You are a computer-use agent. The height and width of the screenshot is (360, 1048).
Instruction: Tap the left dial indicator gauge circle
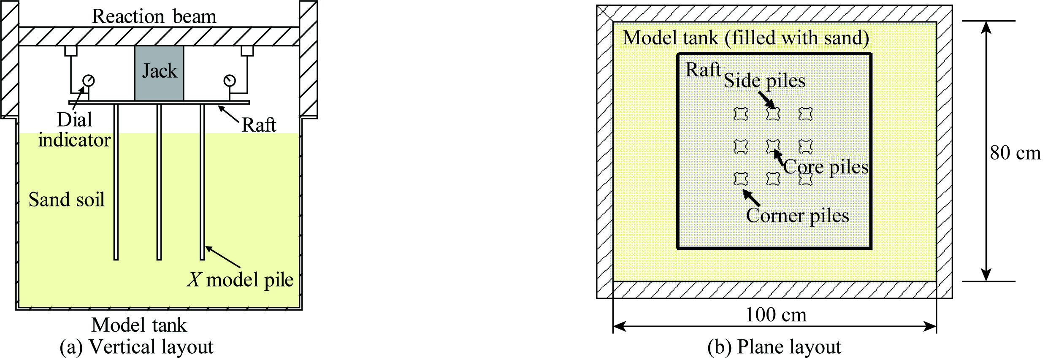pyautogui.click(x=89, y=80)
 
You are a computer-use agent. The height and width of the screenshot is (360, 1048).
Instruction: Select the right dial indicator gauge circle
pyautogui.click(x=230, y=80)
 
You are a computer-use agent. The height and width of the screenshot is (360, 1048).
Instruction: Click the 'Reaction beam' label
pyautogui.click(x=154, y=16)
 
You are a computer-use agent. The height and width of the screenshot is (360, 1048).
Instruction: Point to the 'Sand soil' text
pyautogui.click(x=66, y=199)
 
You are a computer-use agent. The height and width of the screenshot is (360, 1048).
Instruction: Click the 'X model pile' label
pyautogui.click(x=240, y=280)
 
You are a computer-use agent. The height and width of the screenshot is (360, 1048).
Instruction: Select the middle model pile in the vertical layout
pyautogui.click(x=159, y=181)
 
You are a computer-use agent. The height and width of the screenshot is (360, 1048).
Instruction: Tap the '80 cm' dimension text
pyautogui.click(x=1015, y=153)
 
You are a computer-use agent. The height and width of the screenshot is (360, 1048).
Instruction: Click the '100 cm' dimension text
pyautogui.click(x=776, y=315)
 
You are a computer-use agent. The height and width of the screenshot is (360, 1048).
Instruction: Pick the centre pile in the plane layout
pyautogui.click(x=773, y=146)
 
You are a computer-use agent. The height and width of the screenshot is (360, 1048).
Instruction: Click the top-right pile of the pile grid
pyautogui.click(x=805, y=114)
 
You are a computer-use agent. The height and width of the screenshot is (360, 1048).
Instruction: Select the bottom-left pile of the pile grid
pyautogui.click(x=741, y=179)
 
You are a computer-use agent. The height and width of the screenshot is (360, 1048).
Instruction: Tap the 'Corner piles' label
pyautogui.click(x=797, y=216)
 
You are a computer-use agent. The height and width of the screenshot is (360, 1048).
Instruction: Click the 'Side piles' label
pyautogui.click(x=764, y=81)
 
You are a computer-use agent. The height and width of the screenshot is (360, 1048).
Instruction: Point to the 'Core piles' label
pyautogui.click(x=826, y=167)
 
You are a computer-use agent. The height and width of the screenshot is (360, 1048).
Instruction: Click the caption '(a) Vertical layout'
pyautogui.click(x=136, y=347)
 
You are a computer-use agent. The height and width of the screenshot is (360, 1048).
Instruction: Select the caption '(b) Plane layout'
pyautogui.click(x=774, y=347)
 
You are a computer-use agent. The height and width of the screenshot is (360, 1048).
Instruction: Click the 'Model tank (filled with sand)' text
pyautogui.click(x=746, y=38)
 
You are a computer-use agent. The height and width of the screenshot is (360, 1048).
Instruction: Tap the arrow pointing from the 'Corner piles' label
pyautogui.click(x=751, y=198)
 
